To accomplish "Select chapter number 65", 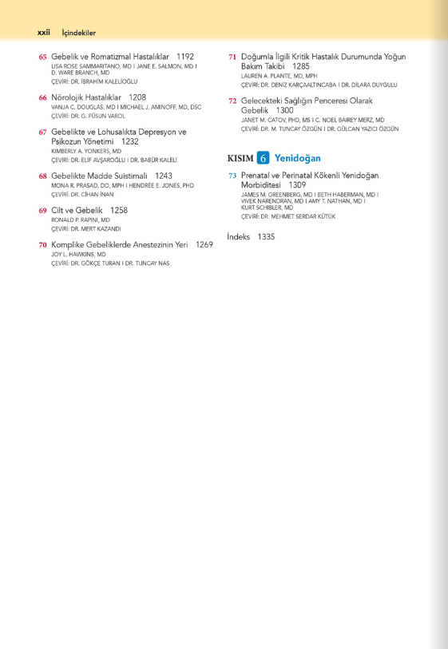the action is [x=43, y=57].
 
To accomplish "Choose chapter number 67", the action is [x=43, y=132].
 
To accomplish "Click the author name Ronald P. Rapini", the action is [x=81, y=220].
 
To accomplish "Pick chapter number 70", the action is [x=43, y=245].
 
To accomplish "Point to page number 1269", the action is [x=204, y=245].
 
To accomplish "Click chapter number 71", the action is [x=232, y=57].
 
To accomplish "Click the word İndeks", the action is [x=238, y=237].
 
